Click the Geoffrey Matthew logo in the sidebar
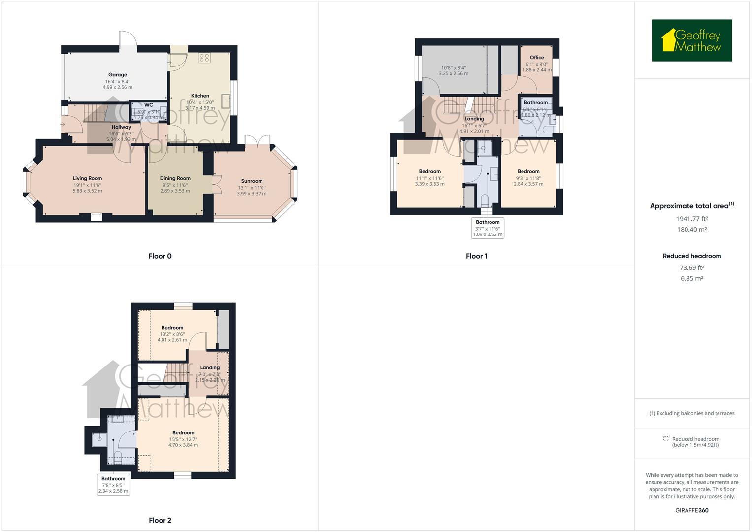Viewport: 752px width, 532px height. click(x=691, y=40)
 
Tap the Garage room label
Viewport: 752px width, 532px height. click(x=118, y=75)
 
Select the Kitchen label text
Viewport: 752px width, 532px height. click(x=200, y=96)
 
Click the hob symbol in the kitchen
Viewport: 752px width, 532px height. click(x=204, y=58)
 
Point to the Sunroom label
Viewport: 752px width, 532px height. click(x=252, y=181)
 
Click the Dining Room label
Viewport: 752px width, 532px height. click(x=175, y=178)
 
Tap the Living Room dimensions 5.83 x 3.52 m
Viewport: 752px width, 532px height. click(x=88, y=191)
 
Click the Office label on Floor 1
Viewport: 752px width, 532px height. click(x=537, y=58)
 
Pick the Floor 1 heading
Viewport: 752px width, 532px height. click(x=476, y=256)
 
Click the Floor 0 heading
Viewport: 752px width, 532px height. click(x=160, y=256)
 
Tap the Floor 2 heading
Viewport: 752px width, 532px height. click(x=160, y=520)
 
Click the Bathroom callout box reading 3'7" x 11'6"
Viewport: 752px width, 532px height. click(x=488, y=228)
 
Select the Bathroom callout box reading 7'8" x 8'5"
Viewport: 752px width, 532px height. click(x=113, y=485)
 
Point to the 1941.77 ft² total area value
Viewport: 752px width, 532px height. click(x=691, y=219)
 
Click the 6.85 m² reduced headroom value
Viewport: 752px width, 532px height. click(x=691, y=278)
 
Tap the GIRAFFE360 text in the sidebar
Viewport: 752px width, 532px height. click(x=691, y=510)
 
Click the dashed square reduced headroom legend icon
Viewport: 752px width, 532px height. click(x=666, y=439)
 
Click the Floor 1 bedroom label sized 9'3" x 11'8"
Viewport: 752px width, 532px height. click(x=528, y=172)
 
